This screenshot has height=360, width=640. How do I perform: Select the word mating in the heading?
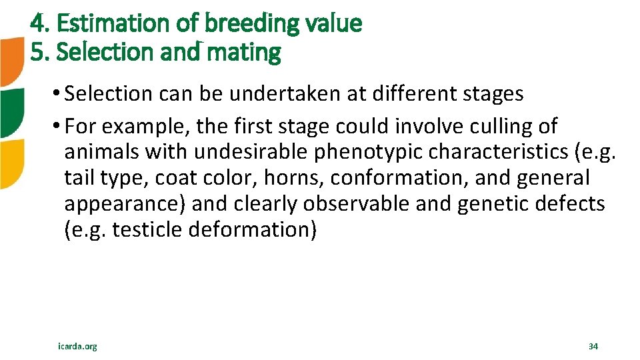pyautogui.click(x=244, y=52)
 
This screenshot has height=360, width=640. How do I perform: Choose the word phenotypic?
pyautogui.click(x=363, y=152)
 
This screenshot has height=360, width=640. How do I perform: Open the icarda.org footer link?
pyautogui.click(x=77, y=347)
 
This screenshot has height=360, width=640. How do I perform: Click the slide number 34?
pyautogui.click(x=593, y=347)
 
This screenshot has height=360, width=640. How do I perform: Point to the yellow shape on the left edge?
pyautogui.click(x=11, y=163)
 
